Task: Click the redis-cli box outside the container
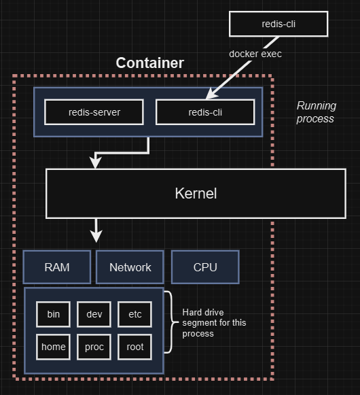pyautogui.click(x=278, y=24)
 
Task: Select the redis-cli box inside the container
pyautogui.click(x=205, y=112)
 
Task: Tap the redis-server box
pyautogui.click(x=94, y=112)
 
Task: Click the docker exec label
pyautogui.click(x=255, y=54)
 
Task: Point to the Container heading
pyautogui.click(x=150, y=63)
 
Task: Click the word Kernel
pyautogui.click(x=196, y=193)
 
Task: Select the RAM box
pyautogui.click(x=57, y=267)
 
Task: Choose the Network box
pyautogui.click(x=130, y=267)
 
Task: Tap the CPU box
pyautogui.click(x=205, y=267)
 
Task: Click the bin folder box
pyautogui.click(x=54, y=314)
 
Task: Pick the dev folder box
pyautogui.click(x=94, y=314)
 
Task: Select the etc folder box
pyautogui.click(x=135, y=314)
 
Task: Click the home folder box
pyautogui.click(x=54, y=347)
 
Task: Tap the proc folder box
pyautogui.click(x=94, y=347)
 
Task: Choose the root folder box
pyautogui.click(x=135, y=347)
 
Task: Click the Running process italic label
pyautogui.click(x=317, y=112)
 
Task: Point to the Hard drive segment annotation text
pyautogui.click(x=214, y=323)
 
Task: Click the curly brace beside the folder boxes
pyautogui.click(x=173, y=322)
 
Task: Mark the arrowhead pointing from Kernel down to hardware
pyautogui.click(x=96, y=236)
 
